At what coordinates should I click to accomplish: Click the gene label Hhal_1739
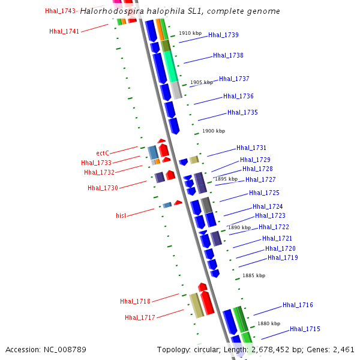(223, 35)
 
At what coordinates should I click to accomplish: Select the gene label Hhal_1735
(242, 112)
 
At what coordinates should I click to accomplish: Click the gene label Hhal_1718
(135, 301)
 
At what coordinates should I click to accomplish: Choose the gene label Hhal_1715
(305, 329)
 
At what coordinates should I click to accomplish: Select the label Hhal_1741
(64, 31)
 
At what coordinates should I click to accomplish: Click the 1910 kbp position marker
(190, 33)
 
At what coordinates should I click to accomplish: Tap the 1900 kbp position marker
(214, 131)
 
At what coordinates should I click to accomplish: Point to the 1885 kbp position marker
(253, 275)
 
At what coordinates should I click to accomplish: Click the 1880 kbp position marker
(269, 323)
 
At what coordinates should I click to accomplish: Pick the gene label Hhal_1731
(251, 148)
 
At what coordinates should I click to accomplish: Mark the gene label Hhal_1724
(268, 206)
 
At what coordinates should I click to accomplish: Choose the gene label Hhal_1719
(283, 257)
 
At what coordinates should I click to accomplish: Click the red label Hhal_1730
(103, 188)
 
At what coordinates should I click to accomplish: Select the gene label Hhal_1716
(298, 305)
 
